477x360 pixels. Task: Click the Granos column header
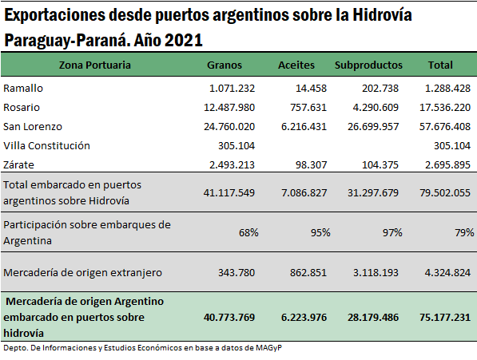pos(225,65)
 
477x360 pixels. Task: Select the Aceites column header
pos(296,65)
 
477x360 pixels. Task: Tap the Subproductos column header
pos(368,65)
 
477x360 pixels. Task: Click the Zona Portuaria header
pos(94,65)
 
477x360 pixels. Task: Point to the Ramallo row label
pos(23,88)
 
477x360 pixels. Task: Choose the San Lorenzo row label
pos(33,126)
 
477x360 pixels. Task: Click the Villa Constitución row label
pos(46,145)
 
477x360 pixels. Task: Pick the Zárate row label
pos(18,164)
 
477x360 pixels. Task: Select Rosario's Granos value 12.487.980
pos(229,107)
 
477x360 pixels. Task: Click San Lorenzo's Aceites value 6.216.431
pos(304,126)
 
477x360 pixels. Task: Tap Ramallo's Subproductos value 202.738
pos(380,88)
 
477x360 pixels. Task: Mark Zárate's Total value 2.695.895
pos(447,164)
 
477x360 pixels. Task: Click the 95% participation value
pos(320,233)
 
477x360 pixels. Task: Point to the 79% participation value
pos(464,233)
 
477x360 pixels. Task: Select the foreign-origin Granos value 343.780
pos(237,272)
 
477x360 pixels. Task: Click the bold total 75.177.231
pos(445,317)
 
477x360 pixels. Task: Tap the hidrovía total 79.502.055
pos(445,192)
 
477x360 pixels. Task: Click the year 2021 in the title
pos(184,40)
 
